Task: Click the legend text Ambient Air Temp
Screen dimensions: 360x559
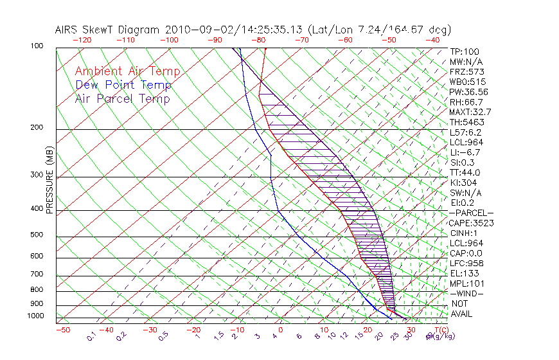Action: tap(127, 71)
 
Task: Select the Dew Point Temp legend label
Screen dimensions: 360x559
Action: tap(123, 85)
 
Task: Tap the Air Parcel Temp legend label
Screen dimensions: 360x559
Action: tap(122, 98)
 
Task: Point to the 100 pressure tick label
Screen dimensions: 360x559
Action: tap(37, 46)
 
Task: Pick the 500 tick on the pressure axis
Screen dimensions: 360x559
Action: tap(37, 235)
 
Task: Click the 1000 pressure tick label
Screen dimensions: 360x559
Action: tap(35, 316)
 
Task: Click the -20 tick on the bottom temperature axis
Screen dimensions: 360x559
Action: tap(193, 330)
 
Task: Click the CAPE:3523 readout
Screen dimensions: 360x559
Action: tap(471, 223)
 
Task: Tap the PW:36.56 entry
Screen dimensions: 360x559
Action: tap(468, 92)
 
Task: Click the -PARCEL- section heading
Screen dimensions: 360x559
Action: tap(471, 213)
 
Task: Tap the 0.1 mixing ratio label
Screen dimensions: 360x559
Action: tap(92, 336)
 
